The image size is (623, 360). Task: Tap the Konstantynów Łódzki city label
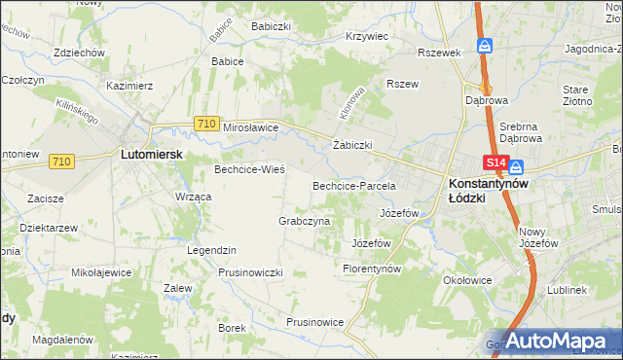pyautogui.click(x=487, y=190)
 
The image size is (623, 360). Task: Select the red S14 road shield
pyautogui.click(x=495, y=164)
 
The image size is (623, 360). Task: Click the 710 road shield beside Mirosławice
pyautogui.click(x=204, y=124)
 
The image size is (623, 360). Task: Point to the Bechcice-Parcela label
pyautogui.click(x=352, y=185)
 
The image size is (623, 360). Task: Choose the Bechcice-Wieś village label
pyautogui.click(x=249, y=169)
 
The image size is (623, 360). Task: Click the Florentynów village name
pyautogui.click(x=372, y=268)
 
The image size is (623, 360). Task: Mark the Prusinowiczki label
pyautogui.click(x=250, y=272)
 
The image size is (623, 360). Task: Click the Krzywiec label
pyautogui.click(x=367, y=36)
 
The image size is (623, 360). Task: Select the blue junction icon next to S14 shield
pyautogui.click(x=516, y=165)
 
